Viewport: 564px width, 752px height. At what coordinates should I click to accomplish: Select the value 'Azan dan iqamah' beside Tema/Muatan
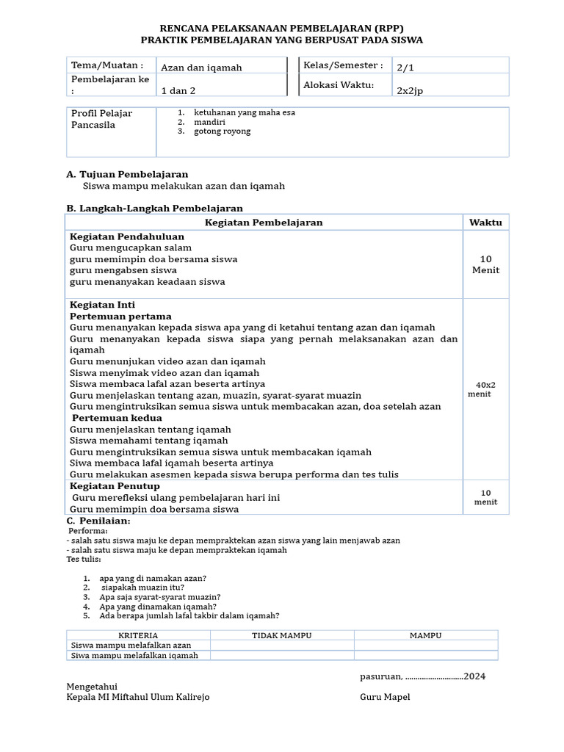[x=201, y=68]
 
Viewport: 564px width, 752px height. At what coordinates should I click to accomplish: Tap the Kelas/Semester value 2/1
[x=405, y=68]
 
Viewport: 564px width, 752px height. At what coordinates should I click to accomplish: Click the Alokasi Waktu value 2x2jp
[x=411, y=91]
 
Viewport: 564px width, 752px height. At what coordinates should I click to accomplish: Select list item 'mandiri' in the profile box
[x=209, y=122]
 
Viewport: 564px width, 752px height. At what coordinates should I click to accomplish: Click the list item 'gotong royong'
[x=222, y=131]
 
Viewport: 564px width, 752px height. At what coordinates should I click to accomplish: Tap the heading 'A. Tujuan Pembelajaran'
[x=127, y=174]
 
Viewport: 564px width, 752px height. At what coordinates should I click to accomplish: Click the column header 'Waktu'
[x=485, y=223]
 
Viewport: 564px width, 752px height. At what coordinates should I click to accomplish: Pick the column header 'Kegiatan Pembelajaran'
[x=264, y=223]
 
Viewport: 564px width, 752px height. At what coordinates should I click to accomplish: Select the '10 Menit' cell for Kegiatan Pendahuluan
[x=485, y=264]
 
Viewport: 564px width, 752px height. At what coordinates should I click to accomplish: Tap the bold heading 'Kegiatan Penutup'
[x=115, y=486]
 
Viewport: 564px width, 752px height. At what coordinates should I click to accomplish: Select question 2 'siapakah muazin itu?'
[x=142, y=587]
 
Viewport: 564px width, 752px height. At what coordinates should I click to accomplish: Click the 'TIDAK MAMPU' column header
[x=282, y=635]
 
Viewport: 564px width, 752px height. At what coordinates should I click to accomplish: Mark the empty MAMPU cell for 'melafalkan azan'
[x=425, y=645]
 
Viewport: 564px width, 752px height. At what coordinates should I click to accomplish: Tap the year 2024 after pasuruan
[x=474, y=676]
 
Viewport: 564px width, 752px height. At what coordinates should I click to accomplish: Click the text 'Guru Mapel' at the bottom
[x=385, y=697]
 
